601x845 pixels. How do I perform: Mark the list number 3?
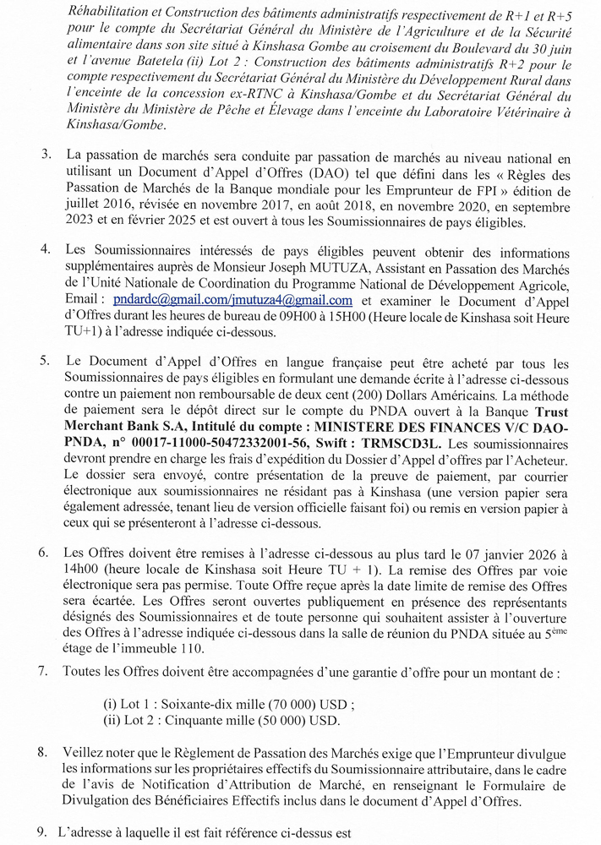pyautogui.click(x=43, y=155)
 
